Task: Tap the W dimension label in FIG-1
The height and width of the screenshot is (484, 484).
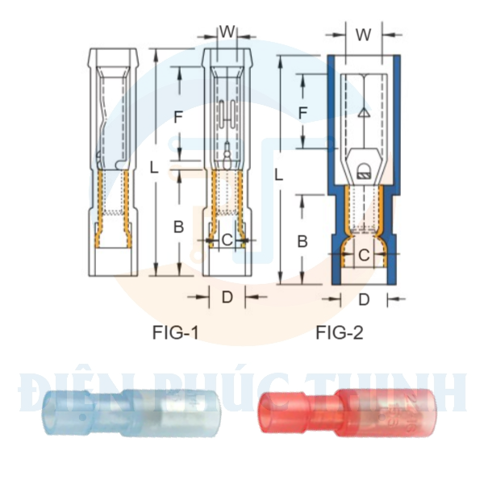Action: (227, 31)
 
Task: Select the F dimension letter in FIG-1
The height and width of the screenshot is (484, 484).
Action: (179, 117)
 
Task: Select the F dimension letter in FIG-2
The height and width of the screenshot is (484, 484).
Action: (303, 112)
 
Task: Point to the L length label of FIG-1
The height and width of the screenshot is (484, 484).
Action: (154, 166)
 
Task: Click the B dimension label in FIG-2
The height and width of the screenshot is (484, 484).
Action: (302, 240)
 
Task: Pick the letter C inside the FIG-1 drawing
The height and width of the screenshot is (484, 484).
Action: (227, 240)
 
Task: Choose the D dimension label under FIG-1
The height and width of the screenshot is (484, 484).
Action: (227, 298)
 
